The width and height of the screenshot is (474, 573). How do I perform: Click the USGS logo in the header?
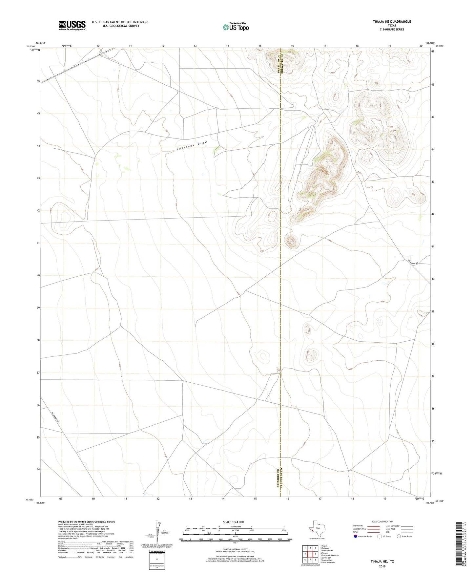(x=72, y=25)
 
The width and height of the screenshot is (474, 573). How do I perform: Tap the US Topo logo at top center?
(x=235, y=27)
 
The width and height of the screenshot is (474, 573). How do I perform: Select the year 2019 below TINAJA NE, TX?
(x=382, y=566)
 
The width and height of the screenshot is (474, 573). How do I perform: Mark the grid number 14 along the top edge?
(x=227, y=46)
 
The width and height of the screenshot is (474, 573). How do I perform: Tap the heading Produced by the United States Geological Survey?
(x=87, y=521)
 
